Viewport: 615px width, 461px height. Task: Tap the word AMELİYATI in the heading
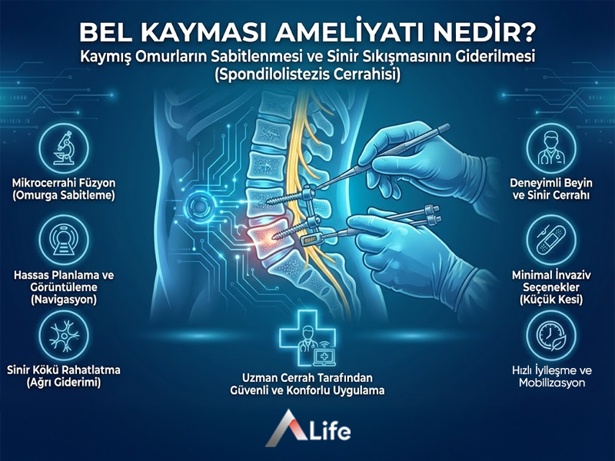click(348, 34)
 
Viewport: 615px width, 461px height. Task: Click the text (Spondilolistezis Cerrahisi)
click(307, 77)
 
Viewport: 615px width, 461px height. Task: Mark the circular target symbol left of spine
click(201, 206)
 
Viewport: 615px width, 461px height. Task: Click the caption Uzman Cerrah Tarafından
click(307, 378)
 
